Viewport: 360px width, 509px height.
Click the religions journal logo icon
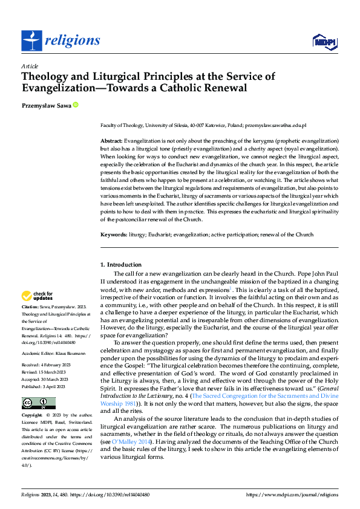pyautogui.click(x=31, y=40)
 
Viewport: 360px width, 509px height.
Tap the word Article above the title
pyautogui.click(x=30, y=65)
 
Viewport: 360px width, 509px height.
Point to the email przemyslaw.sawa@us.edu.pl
pyautogui.click(x=275, y=125)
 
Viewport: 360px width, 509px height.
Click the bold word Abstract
pyautogui.click(x=111, y=140)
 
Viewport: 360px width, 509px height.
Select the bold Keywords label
pyautogui.click(x=113, y=233)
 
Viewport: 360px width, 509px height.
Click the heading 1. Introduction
pyautogui.click(x=121, y=265)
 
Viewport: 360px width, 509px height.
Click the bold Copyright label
pyautogui.click(x=33, y=417)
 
